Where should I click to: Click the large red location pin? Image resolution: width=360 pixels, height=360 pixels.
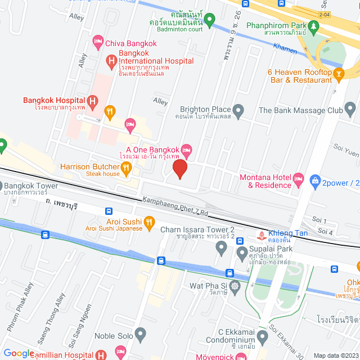pyautogui.click(x=179, y=168)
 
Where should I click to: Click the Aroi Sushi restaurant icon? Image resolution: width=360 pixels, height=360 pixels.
pyautogui.click(x=149, y=224)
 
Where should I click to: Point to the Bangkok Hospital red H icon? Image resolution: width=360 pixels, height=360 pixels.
pyautogui.click(x=93, y=101)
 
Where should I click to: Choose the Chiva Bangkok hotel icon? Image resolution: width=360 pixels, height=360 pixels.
pyautogui.click(x=98, y=41)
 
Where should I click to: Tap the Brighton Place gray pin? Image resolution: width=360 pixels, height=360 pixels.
pyautogui.click(x=238, y=110)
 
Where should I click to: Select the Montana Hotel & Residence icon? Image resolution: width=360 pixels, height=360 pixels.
pyautogui.click(x=299, y=181)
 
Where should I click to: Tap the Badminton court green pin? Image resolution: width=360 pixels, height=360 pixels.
pyautogui.click(x=210, y=21)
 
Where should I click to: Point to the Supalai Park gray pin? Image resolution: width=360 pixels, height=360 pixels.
pyautogui.click(x=242, y=251)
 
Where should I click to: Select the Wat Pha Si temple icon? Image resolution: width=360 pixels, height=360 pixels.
pyautogui.click(x=235, y=286)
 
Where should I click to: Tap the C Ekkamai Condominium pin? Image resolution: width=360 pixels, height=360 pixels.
pyautogui.click(x=262, y=337)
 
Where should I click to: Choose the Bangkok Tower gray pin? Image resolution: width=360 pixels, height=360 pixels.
pyautogui.click(x=1, y=186)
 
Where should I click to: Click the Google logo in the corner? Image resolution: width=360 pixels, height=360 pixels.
pyautogui.click(x=19, y=353)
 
